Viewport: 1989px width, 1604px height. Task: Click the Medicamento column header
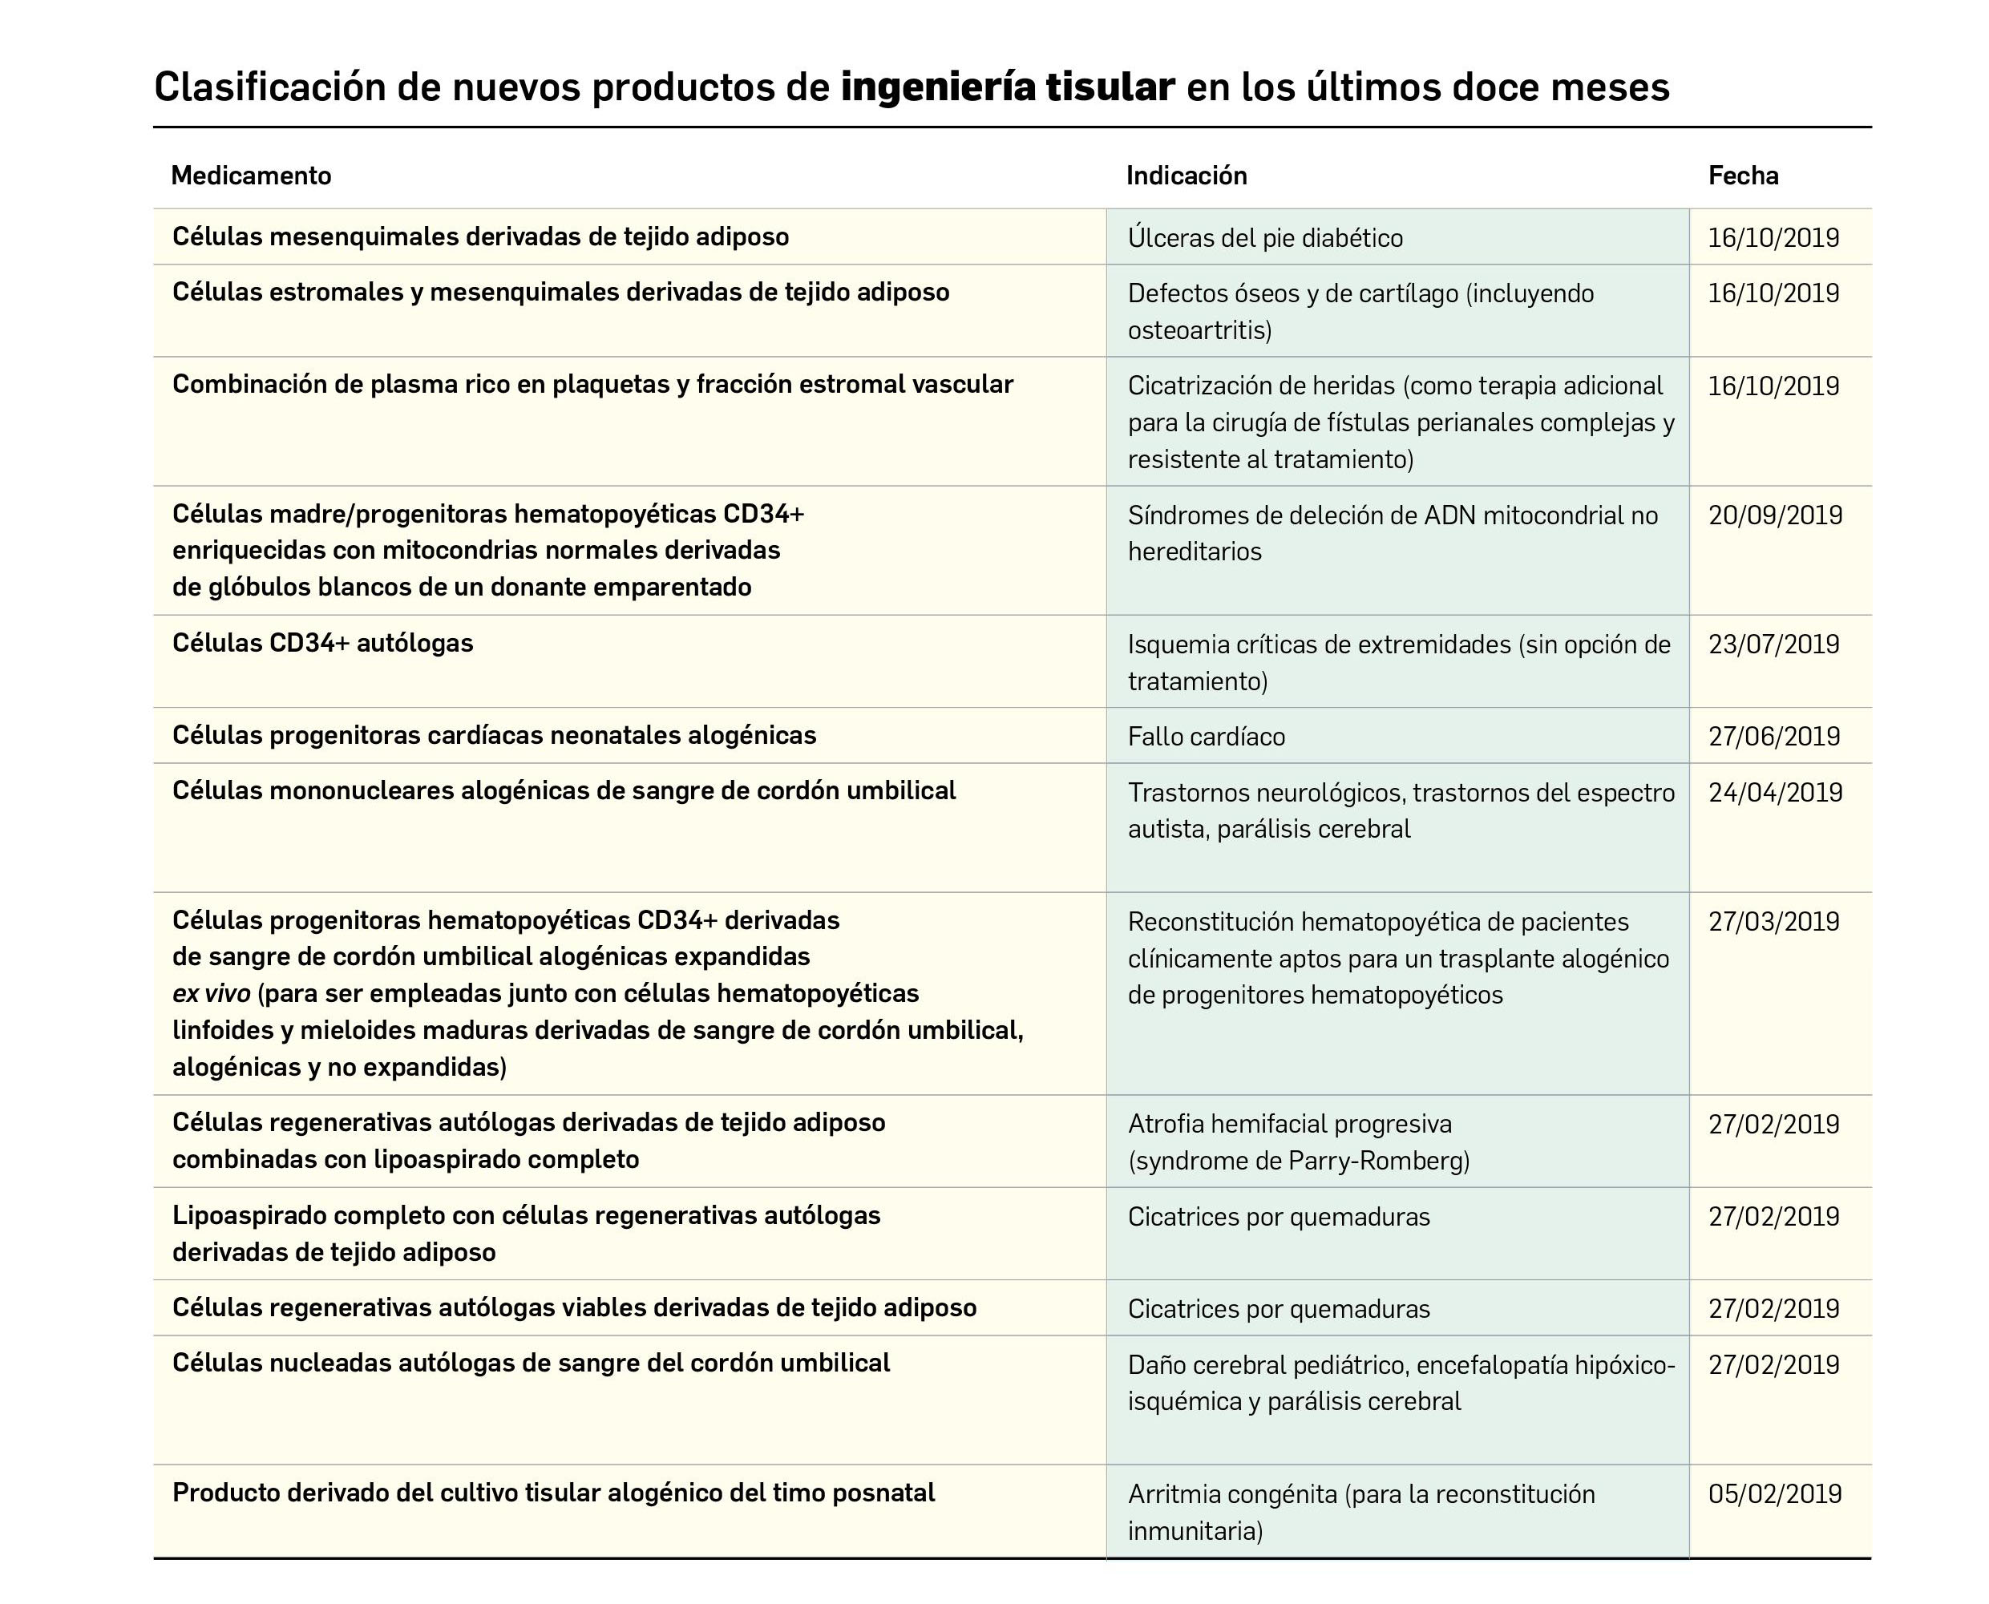pyautogui.click(x=250, y=176)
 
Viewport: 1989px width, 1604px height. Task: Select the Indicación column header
pyautogui.click(x=1187, y=176)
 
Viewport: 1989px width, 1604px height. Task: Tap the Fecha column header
pyautogui.click(x=1742, y=176)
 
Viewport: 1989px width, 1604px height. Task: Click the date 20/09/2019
pyautogui.click(x=1775, y=515)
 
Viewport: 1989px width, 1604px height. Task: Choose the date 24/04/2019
pyautogui.click(x=1775, y=793)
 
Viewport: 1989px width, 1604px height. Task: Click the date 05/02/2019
pyautogui.click(x=1775, y=1494)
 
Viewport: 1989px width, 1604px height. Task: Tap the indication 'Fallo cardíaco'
pyautogui.click(x=1206, y=737)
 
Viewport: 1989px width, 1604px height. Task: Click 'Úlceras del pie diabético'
pyautogui.click(x=1265, y=238)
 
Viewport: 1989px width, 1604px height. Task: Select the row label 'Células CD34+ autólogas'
pyautogui.click(x=322, y=643)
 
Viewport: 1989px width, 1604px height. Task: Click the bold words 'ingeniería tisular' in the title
pyautogui.click(x=1007, y=87)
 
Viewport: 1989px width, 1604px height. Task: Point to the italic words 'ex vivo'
pyautogui.click(x=211, y=994)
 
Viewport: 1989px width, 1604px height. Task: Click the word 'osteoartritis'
pyautogui.click(x=1199, y=331)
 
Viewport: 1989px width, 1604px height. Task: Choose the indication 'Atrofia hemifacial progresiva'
pyautogui.click(x=1290, y=1125)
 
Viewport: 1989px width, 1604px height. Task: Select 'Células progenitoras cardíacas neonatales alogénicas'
pyautogui.click(x=495, y=736)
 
